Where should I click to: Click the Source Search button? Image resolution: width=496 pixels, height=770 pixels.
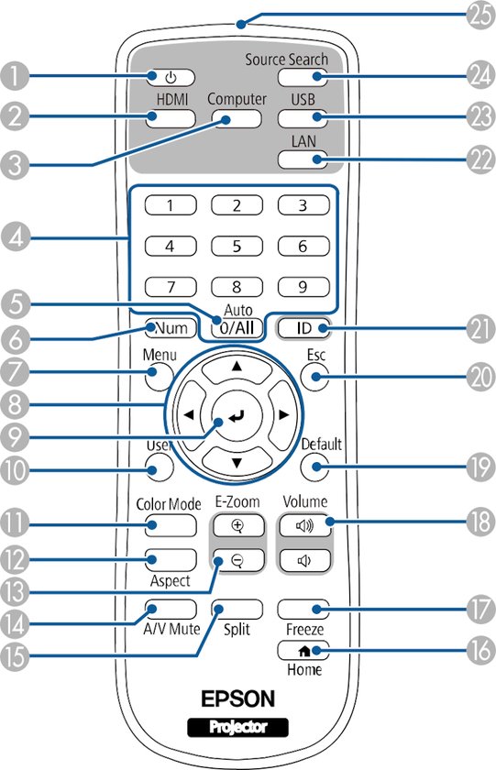coord(303,76)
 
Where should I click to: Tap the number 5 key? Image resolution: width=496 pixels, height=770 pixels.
coord(237,246)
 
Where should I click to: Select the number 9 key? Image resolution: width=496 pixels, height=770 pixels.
coord(303,287)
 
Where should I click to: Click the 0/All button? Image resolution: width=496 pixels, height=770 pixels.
coord(237,327)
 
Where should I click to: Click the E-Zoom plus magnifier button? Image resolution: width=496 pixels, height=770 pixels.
coord(237,526)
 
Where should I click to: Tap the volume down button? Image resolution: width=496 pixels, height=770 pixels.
coord(304,560)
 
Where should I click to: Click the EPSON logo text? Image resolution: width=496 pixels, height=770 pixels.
coord(237,698)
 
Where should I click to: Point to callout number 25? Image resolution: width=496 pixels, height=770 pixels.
coord(479,16)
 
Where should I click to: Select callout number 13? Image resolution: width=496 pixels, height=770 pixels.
coord(14,592)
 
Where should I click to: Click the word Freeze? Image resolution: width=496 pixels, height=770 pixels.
coord(305,629)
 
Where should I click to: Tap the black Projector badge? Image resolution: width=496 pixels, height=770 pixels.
coord(237,727)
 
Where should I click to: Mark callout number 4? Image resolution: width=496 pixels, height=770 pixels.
coord(16,237)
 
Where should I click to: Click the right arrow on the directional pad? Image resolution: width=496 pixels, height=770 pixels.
coord(281,415)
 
